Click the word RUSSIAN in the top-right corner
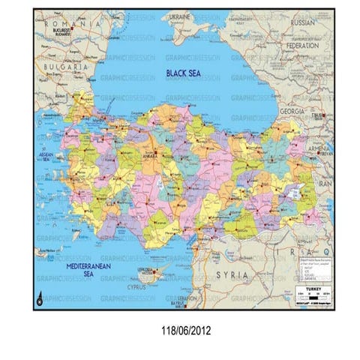point(307,22)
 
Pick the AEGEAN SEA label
point(46,157)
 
